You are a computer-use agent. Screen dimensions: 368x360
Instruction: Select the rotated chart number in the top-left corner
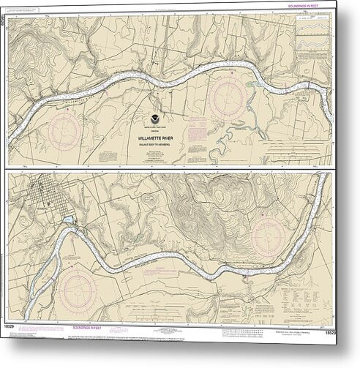[7, 12]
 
